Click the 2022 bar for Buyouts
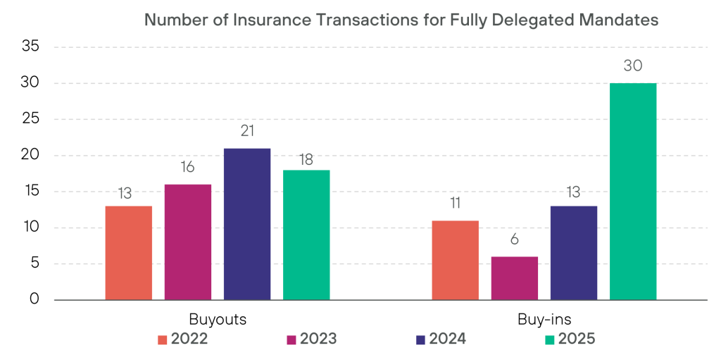pyautogui.click(x=128, y=253)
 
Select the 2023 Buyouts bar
pyautogui.click(x=188, y=242)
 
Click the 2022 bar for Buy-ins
pyautogui.click(x=455, y=260)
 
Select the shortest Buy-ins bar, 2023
pyautogui.click(x=514, y=278)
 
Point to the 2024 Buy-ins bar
pyautogui.click(x=574, y=253)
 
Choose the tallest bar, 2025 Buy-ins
pyautogui.click(x=633, y=192)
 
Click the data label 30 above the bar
pyautogui.click(x=633, y=66)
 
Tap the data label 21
pyautogui.click(x=246, y=131)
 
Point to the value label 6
pyautogui.click(x=514, y=240)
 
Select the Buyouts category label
pyautogui.click(x=218, y=318)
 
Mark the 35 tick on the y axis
pyautogui.click(x=30, y=47)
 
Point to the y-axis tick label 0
pyautogui.click(x=35, y=300)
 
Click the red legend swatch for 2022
pyautogui.click(x=163, y=340)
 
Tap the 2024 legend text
pyautogui.click(x=447, y=339)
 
